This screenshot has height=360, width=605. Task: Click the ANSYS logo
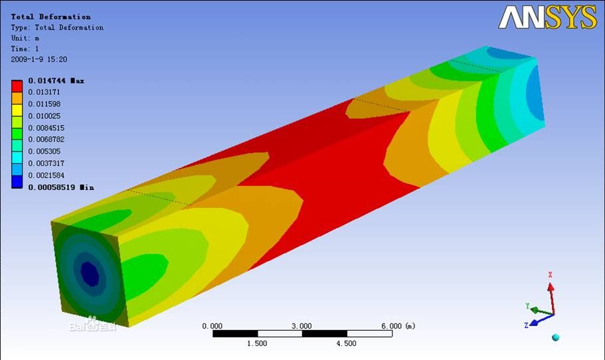[547, 17]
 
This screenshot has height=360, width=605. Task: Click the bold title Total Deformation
[51, 17]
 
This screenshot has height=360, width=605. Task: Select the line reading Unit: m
[25, 39]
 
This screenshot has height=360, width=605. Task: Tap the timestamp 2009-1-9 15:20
[39, 59]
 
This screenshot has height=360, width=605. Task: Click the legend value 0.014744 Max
[56, 80]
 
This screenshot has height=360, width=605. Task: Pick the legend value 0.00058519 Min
[61, 187]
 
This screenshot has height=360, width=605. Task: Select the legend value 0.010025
[44, 116]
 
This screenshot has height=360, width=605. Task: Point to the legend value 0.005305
[44, 151]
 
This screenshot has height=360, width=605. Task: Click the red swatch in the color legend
[17, 86]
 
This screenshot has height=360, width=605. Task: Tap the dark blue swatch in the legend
[17, 182]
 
